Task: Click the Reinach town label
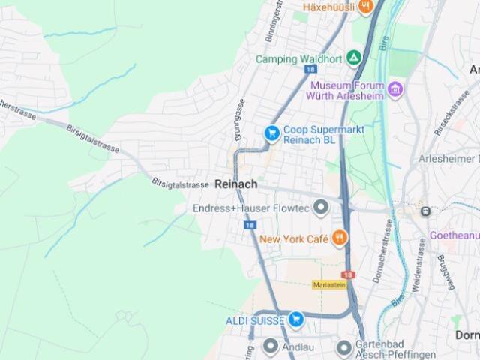[x=235, y=184]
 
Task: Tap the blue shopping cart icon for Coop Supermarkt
[x=271, y=133]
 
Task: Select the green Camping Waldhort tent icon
[x=353, y=58]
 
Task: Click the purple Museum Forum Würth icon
[x=395, y=91]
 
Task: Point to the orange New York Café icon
[x=340, y=238]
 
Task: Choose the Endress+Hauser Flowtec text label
[x=250, y=208]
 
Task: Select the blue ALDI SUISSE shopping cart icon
[x=295, y=319]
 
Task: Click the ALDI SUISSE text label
[x=255, y=320]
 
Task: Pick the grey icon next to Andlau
[x=271, y=346]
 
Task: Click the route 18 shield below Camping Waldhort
[x=310, y=69]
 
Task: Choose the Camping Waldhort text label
[x=298, y=59]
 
